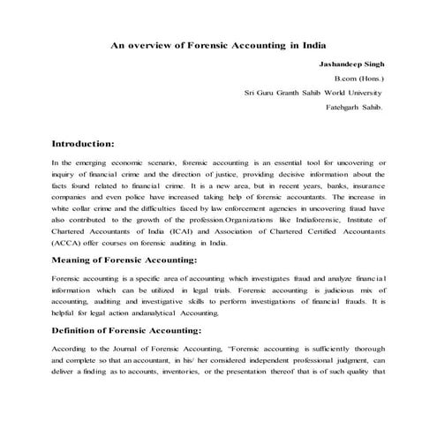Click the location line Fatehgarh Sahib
click(357, 107)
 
